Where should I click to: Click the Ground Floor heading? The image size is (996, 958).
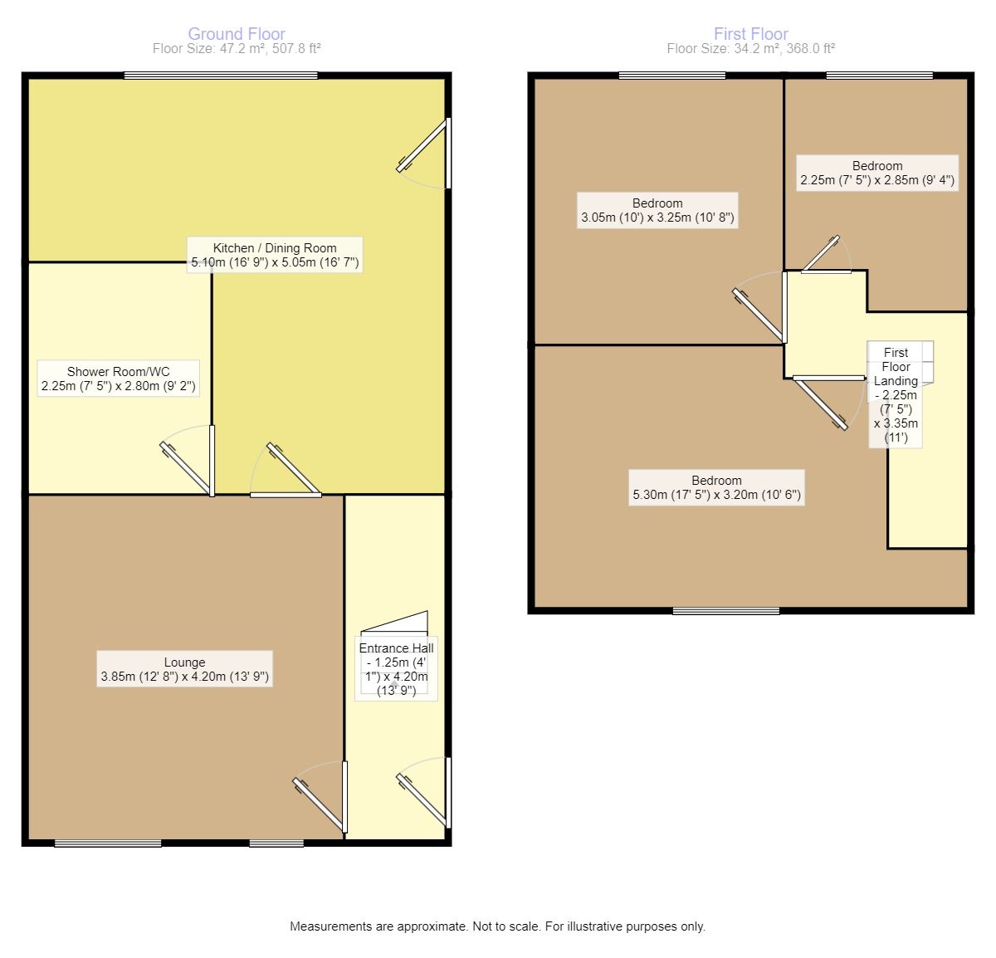[x=237, y=34]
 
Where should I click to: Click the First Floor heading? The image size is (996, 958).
[x=750, y=34]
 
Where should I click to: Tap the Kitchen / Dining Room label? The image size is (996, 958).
[x=275, y=255]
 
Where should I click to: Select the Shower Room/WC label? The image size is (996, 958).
[x=119, y=379]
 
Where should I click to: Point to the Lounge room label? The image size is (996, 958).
[x=184, y=669]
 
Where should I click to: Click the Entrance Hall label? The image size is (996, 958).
[x=396, y=668]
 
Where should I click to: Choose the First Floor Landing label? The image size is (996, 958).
[x=896, y=394]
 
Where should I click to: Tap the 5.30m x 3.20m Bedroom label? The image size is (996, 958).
[x=716, y=488]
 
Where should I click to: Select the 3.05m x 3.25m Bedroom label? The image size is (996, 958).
[x=657, y=211]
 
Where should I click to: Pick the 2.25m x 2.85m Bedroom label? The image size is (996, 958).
[x=876, y=173]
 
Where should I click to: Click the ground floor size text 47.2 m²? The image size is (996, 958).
[x=237, y=49]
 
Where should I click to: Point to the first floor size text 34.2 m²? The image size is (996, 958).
[x=750, y=49]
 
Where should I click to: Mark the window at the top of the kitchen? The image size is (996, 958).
[x=221, y=76]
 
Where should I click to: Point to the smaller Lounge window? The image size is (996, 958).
[x=265, y=843]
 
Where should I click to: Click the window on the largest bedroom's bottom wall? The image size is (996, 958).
[x=725, y=612]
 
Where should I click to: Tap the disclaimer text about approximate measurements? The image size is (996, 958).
[x=497, y=926]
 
